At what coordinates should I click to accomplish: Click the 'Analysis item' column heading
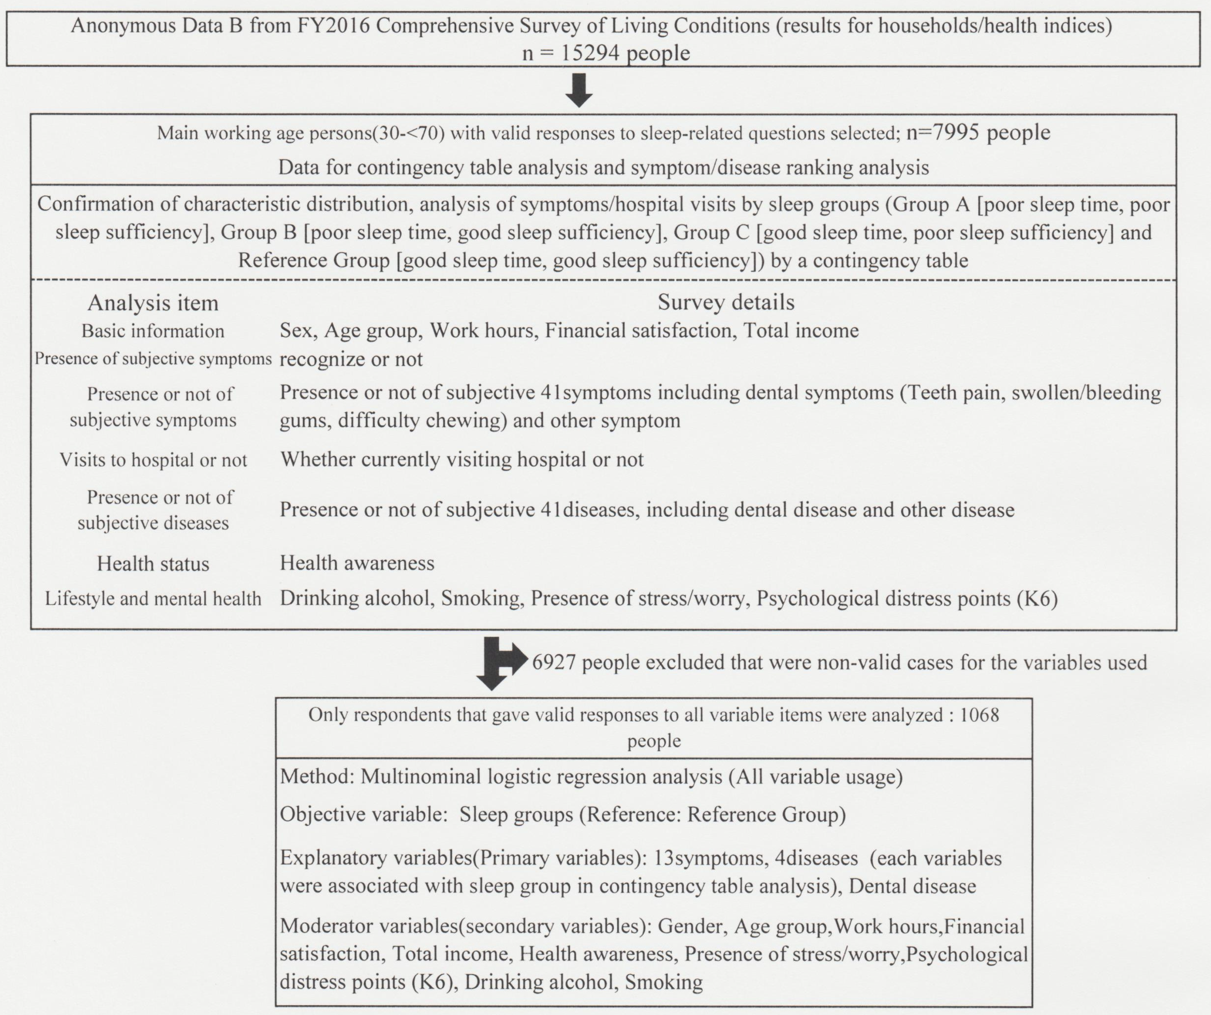[x=153, y=303]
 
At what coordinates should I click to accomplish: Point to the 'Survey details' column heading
[x=726, y=302]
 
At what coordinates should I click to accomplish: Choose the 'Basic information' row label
[x=153, y=331]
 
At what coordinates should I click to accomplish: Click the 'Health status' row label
[x=153, y=563]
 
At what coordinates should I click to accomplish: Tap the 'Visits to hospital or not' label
[x=153, y=459]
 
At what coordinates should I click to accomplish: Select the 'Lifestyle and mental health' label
[x=153, y=599]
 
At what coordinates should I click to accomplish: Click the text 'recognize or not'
[x=351, y=359]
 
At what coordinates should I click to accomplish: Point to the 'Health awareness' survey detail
[x=357, y=563]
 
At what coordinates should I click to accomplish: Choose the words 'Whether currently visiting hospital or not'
[x=462, y=459]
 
